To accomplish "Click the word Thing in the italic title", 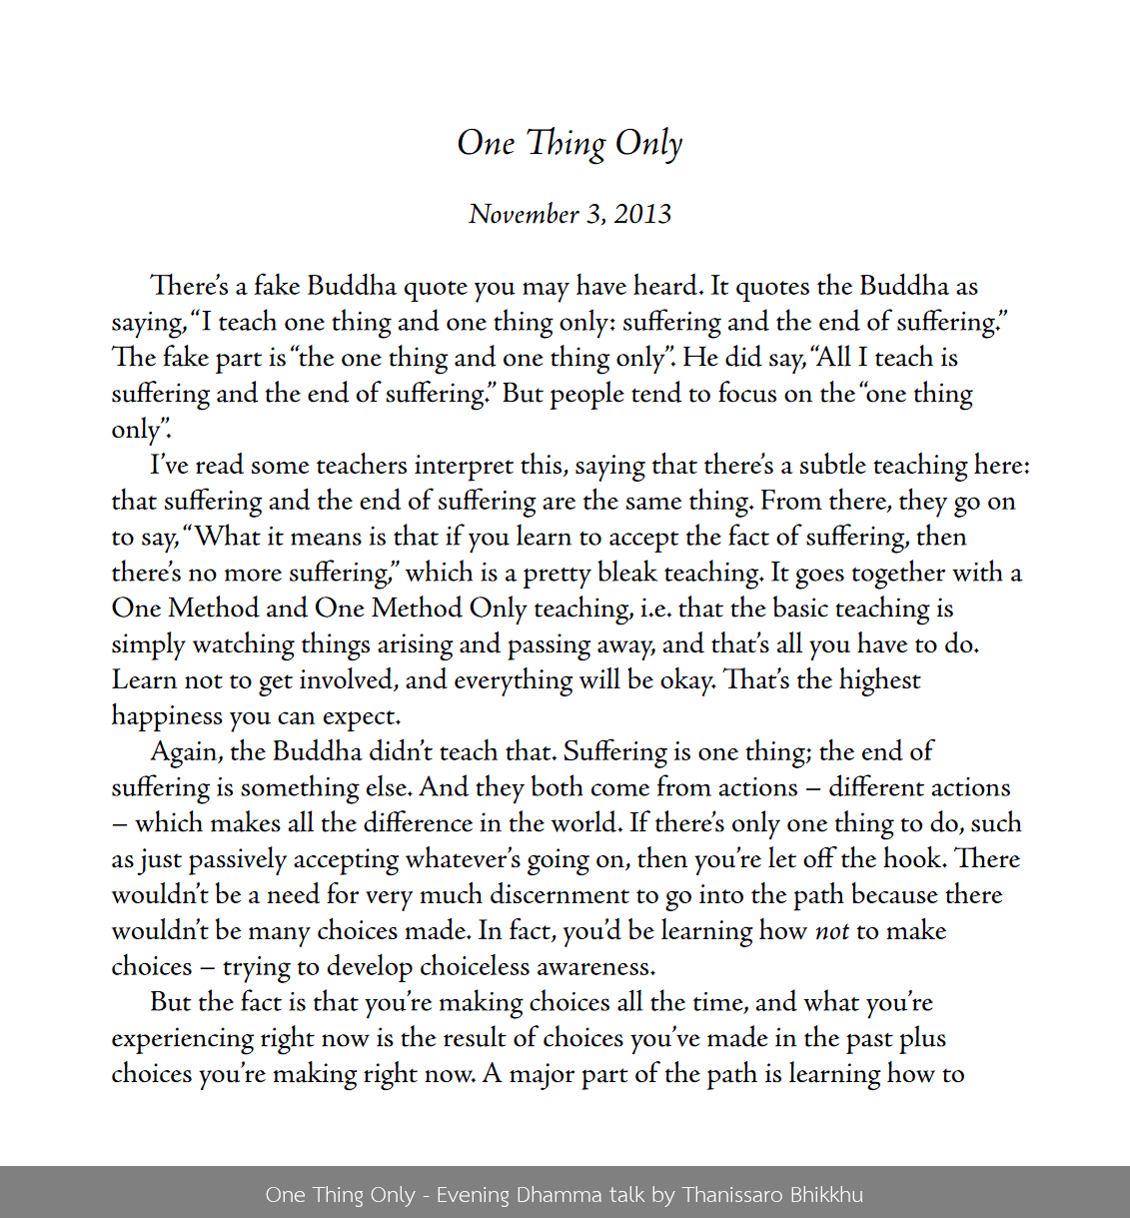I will point(566,144).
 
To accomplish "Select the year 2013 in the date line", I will point(642,214).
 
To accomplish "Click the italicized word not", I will point(832,931).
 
